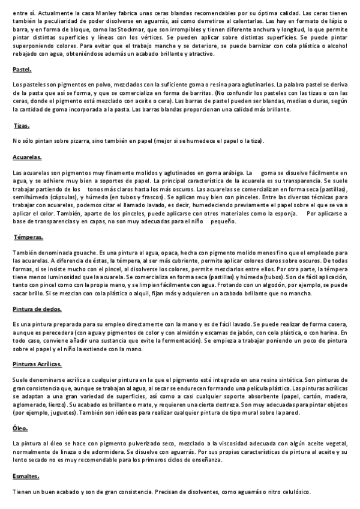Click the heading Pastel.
(x=22, y=70)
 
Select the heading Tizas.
(x=22, y=126)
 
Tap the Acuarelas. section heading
(x=27, y=157)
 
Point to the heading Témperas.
(x=27, y=237)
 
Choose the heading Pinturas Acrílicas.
(x=37, y=364)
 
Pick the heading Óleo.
(x=20, y=429)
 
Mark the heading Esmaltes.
(x=26, y=476)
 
